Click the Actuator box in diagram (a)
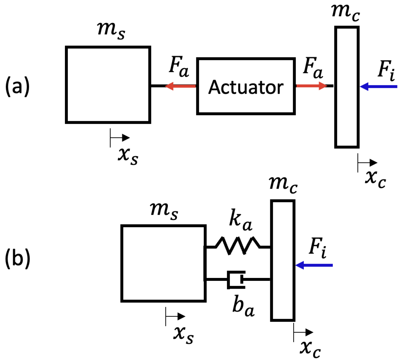(x=246, y=86)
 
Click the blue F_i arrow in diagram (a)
(x=378, y=86)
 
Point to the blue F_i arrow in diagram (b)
(x=314, y=265)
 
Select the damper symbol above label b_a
(x=236, y=280)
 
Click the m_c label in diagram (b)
(x=283, y=184)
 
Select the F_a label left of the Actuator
(x=179, y=67)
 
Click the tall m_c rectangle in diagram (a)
(x=347, y=87)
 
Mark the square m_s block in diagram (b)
(x=163, y=263)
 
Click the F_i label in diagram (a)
(x=386, y=70)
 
